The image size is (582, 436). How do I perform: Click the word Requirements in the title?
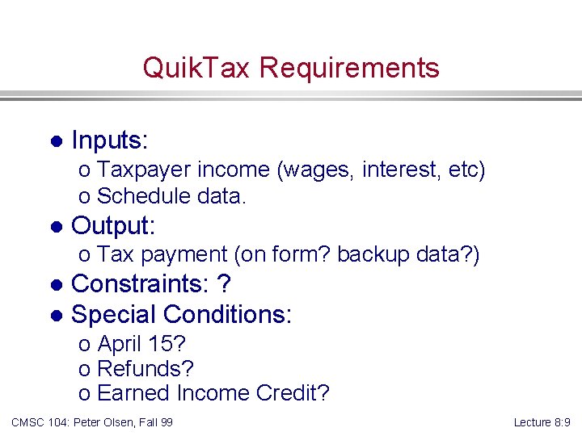pyautogui.click(x=350, y=68)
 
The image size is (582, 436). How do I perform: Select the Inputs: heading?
pyautogui.click(x=110, y=140)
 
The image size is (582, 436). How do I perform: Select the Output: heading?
pyautogui.click(x=113, y=225)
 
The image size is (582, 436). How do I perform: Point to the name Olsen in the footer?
pyautogui.click(x=117, y=422)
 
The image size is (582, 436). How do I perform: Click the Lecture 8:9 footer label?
pyautogui.click(x=542, y=422)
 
